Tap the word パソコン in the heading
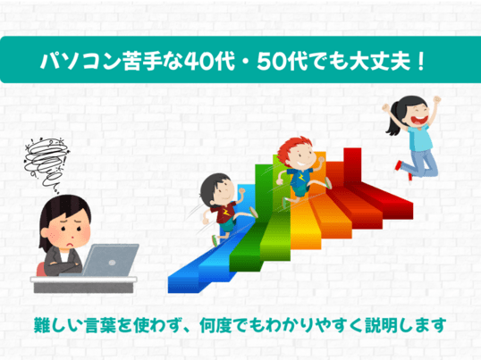(80, 61)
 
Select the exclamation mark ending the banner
(421, 61)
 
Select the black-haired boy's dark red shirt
(226, 212)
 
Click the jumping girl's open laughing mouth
(420, 119)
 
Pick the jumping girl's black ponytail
(393, 121)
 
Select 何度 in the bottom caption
(215, 325)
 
